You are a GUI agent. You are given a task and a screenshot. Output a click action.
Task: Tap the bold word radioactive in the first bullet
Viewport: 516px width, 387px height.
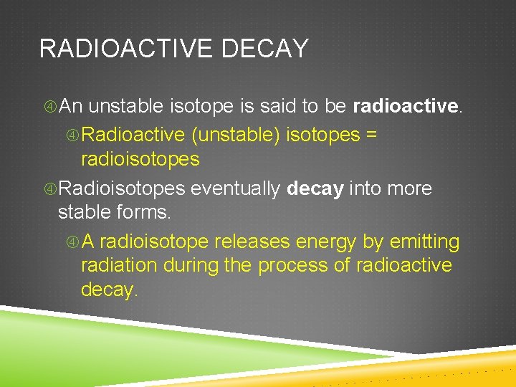click(x=406, y=107)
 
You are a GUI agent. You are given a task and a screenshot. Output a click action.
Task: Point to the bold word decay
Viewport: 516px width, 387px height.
click(x=315, y=189)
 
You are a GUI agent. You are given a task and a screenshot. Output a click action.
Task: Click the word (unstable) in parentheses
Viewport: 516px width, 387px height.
click(x=236, y=135)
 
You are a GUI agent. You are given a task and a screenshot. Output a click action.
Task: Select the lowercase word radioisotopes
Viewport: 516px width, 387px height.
click(x=140, y=159)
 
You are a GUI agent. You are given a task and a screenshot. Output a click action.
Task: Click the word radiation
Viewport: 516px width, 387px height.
click(x=119, y=265)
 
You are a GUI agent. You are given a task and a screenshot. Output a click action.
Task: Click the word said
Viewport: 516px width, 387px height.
click(x=277, y=107)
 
